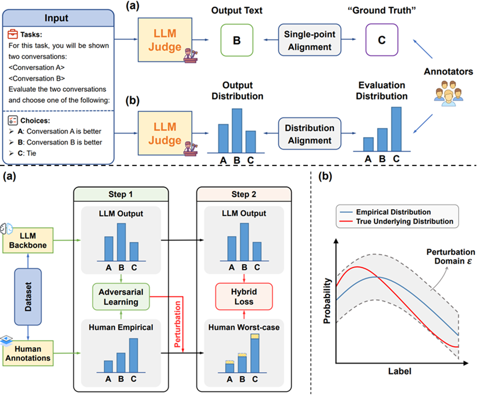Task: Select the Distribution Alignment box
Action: tap(310, 134)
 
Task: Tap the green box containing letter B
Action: tap(237, 40)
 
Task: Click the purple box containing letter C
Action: tap(382, 40)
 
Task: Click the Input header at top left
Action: tap(58, 19)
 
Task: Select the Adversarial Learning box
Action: tap(121, 296)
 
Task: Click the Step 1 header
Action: tap(121, 194)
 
